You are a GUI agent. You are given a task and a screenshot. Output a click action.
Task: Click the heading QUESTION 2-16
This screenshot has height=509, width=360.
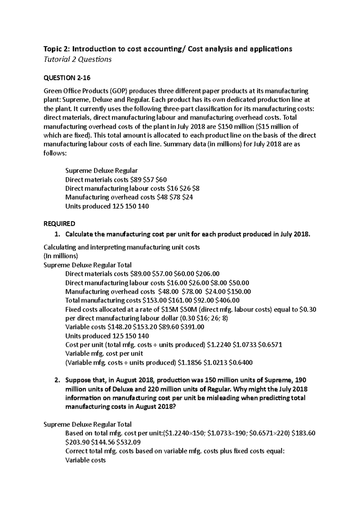(67, 78)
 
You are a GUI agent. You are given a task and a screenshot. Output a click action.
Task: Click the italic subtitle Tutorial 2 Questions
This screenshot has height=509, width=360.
(77, 59)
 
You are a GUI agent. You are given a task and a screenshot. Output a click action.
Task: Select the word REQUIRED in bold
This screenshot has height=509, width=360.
(59, 224)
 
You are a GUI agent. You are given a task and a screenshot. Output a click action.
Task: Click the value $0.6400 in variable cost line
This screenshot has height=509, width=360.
(241, 363)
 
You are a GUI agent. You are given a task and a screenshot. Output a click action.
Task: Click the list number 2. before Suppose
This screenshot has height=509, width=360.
(58, 380)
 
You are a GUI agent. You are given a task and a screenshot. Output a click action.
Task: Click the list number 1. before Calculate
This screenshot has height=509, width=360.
(58, 234)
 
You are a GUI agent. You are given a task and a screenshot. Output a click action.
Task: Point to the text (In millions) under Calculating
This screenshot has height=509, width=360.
(61, 256)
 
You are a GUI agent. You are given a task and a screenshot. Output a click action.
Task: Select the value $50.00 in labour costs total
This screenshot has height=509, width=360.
(238, 283)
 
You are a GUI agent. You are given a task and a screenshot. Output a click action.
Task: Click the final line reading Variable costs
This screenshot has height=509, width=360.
(85, 460)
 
